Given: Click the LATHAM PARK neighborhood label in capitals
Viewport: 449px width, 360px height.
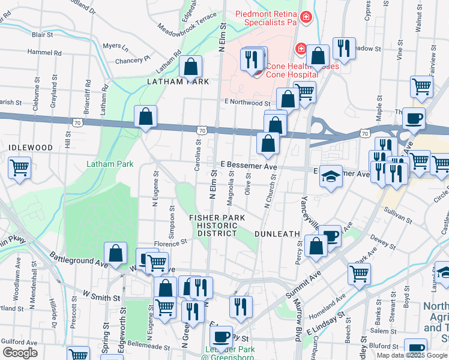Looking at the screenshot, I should coord(178,81).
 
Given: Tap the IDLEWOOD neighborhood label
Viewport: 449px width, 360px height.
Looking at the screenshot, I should coord(30,147).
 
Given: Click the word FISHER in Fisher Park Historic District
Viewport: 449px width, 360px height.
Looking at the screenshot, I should coord(205,217).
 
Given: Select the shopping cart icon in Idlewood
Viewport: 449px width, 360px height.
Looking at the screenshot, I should coord(20,166).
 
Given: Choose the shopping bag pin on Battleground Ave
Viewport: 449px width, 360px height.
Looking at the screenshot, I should coord(115,253).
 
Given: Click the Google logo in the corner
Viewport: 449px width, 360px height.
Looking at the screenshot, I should coord(20,353).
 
